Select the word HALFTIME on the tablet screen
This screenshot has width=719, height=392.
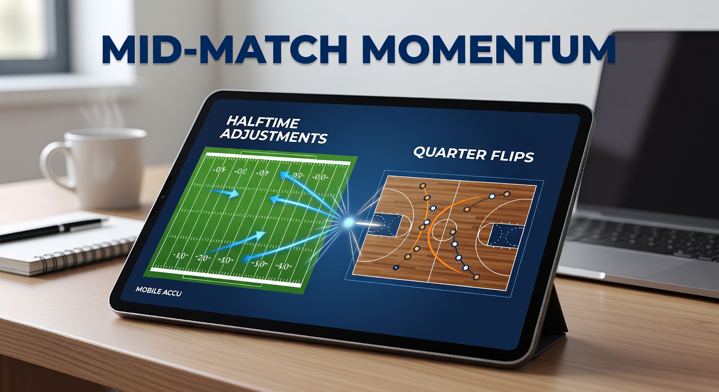pyautogui.click(x=263, y=123)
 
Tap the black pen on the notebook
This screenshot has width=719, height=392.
pyautogui.click(x=51, y=229)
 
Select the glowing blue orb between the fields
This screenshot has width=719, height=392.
pyautogui.click(x=349, y=223)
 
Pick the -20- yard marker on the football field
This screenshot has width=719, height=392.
pyautogui.click(x=203, y=258)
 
